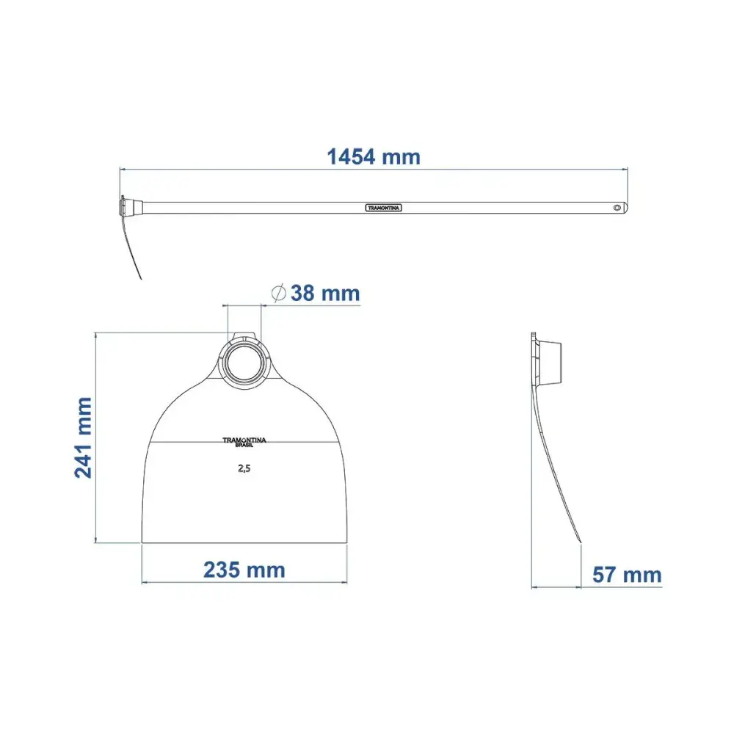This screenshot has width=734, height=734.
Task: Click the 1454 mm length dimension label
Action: coord(374,157)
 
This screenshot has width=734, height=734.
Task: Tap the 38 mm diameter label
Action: coord(325,294)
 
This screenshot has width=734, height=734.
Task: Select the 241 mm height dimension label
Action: coord(84,437)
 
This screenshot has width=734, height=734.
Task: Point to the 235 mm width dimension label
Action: coord(244,570)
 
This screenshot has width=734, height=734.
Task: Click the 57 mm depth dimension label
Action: coord(627,575)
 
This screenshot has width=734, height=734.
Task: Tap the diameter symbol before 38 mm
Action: coord(278,294)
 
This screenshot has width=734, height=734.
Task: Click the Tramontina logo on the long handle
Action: coord(383,208)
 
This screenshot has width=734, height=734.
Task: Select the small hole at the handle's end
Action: coord(617,208)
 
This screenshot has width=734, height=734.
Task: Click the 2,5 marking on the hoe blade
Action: coord(244,468)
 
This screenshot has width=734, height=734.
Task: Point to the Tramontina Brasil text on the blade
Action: coord(244,442)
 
